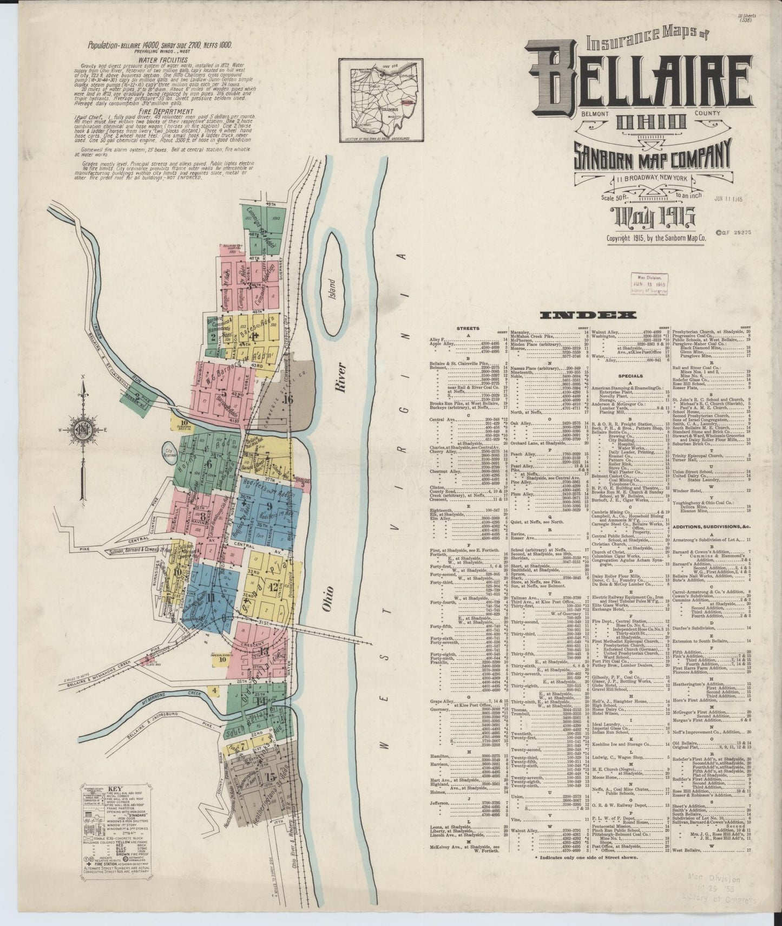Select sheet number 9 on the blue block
pyautogui.click(x=268, y=507)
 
